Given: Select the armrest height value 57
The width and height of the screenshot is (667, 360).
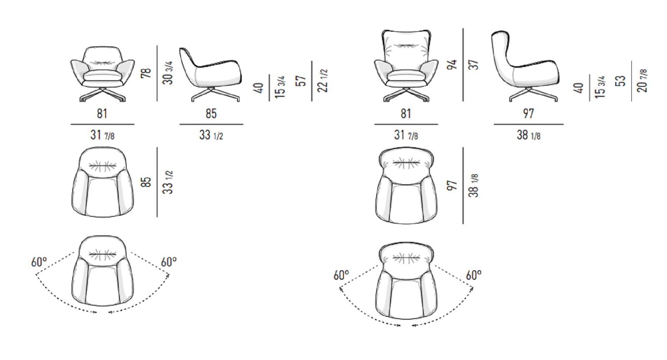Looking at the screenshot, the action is point(301,81).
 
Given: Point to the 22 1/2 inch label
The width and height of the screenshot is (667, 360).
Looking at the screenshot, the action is point(323,81).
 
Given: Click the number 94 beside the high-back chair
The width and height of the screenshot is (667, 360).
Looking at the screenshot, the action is point(452,65).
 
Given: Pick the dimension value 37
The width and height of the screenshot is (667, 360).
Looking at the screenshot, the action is point(474,65).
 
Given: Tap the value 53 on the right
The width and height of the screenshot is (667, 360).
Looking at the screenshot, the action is point(621,81).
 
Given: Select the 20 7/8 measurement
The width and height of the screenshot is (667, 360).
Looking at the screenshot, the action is point(642,81).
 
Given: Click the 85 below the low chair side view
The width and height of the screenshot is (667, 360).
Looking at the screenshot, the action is point(211,114).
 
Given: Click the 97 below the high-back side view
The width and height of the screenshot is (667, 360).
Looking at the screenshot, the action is point(529,114).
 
